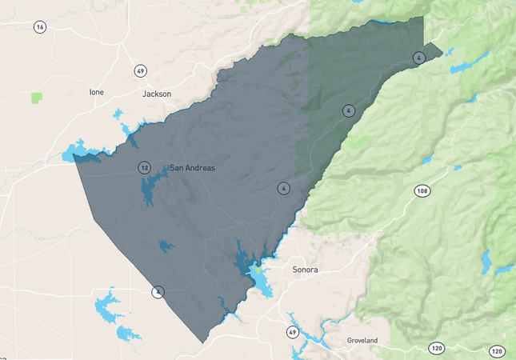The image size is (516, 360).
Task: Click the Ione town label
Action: coord(96,93)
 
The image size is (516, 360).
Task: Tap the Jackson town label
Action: coord(157,94)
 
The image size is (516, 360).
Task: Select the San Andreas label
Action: coord(192,168)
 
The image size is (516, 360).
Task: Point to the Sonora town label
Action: coord(305,270)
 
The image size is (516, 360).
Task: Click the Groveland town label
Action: coord(362,341)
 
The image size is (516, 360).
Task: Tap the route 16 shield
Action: coord(40,27)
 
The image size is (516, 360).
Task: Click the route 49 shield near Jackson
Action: coord(141,71)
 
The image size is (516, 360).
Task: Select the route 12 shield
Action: coord(144,168)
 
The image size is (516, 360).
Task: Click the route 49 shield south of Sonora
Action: coord(294,331)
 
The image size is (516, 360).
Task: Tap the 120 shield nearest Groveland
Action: coord(437,348)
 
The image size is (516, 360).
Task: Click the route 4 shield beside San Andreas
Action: coord(283,189)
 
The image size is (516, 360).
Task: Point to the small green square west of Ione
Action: coord(37,98)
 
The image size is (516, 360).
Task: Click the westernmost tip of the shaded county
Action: coord(74,154)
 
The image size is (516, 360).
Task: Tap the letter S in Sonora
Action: coord(295,270)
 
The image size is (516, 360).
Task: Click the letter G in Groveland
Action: coord(350,341)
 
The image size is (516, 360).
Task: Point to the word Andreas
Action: coord(199,168)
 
